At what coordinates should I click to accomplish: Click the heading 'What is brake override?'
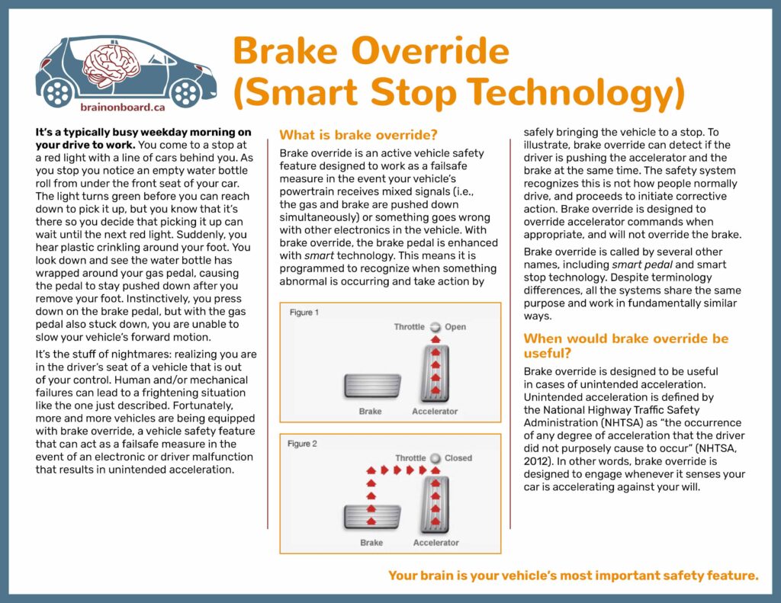point(358,135)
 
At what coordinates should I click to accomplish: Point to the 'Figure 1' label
point(304,313)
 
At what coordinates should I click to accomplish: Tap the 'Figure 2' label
point(304,444)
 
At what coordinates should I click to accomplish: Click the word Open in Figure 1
point(455,327)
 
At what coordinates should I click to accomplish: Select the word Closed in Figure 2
point(458,458)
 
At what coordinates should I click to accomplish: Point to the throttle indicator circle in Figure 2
point(435,458)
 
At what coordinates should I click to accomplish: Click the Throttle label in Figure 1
point(410,327)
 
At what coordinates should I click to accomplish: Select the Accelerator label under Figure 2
point(435,543)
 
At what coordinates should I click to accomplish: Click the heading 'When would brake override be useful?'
point(625,345)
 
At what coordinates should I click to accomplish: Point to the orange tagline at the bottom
point(574,576)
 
